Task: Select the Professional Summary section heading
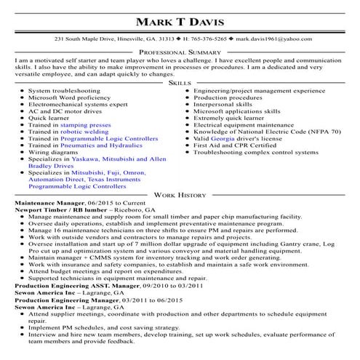tap(180, 53)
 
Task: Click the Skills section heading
tap(180, 84)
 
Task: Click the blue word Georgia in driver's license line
tap(223, 138)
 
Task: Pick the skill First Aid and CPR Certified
tap(234, 145)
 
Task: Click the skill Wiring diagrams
tap(53, 152)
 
